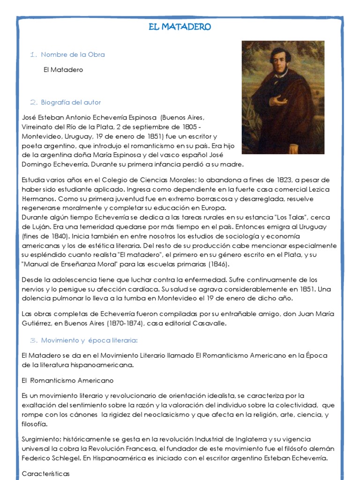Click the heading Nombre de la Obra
(x=73, y=55)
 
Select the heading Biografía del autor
(x=71, y=102)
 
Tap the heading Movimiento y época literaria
(x=89, y=340)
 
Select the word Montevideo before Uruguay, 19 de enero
(x=40, y=136)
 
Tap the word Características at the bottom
(x=45, y=474)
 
